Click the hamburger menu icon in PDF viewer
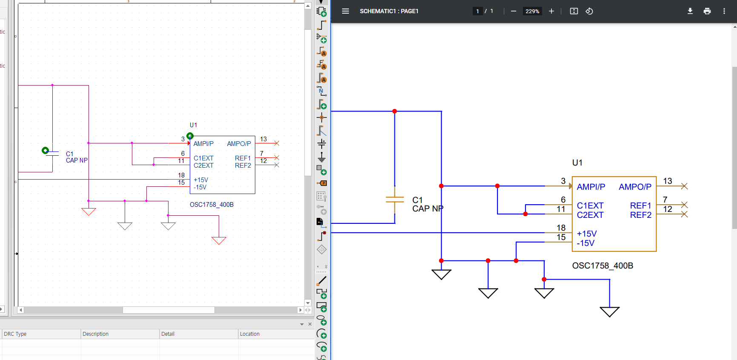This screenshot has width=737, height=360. [x=346, y=11]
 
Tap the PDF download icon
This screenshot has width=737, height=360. [x=690, y=11]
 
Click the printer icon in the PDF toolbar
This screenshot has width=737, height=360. [x=707, y=11]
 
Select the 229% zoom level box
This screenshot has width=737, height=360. [x=532, y=11]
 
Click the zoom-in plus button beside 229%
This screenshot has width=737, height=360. [x=551, y=11]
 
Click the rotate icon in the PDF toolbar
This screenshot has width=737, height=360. [x=589, y=11]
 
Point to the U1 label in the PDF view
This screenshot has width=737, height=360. [x=577, y=163]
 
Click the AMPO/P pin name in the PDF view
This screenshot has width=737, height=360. [x=635, y=187]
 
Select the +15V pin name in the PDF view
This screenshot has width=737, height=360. [x=587, y=234]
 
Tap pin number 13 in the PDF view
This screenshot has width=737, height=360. [x=668, y=181]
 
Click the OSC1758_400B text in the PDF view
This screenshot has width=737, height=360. [x=603, y=266]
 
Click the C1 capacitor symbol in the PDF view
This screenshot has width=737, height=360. [x=395, y=200]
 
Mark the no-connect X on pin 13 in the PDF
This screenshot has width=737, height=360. [x=684, y=186]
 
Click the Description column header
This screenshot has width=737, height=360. [x=95, y=334]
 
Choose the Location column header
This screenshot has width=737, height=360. [x=250, y=334]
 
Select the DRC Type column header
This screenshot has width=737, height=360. [x=15, y=334]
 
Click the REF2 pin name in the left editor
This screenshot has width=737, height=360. [x=243, y=166]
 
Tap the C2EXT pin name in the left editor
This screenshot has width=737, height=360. [x=203, y=166]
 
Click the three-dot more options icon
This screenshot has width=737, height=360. [x=724, y=11]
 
